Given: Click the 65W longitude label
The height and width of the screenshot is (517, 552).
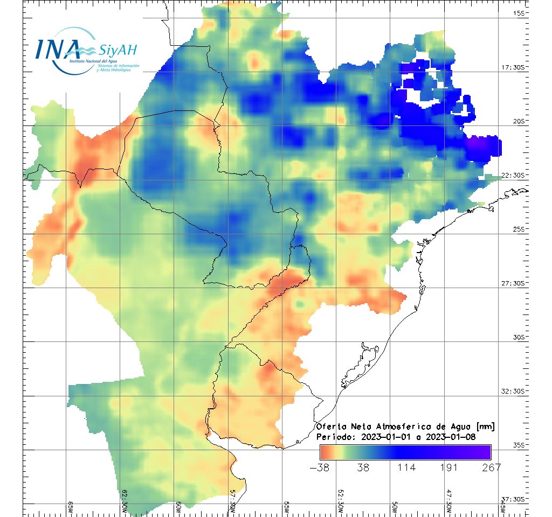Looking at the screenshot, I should click(x=70, y=507).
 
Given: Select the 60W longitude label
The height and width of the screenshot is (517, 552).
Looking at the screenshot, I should click(x=178, y=507).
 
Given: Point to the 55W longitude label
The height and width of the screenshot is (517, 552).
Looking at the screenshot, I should click(x=287, y=507).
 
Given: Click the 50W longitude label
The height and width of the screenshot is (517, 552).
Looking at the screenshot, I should click(x=395, y=507).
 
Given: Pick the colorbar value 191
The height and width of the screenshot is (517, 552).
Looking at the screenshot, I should click(x=448, y=467).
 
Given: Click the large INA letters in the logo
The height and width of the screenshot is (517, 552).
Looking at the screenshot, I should click(x=58, y=48).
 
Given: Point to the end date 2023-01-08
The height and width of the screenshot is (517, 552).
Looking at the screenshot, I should click(x=450, y=437).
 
